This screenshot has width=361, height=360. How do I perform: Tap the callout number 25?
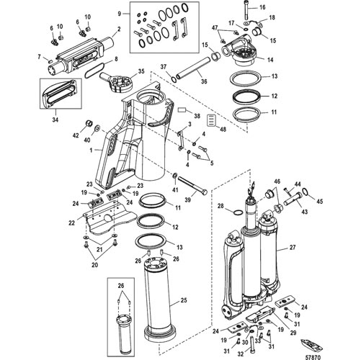point(184,300)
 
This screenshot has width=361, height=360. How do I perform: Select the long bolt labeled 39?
point(192,185)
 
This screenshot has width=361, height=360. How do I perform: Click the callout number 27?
point(293,247)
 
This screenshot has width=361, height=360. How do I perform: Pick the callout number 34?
point(55,119)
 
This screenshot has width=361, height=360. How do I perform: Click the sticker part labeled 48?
point(211,120)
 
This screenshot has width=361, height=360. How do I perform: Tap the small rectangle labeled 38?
point(182,110)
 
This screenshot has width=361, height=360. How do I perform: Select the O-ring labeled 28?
point(238,212)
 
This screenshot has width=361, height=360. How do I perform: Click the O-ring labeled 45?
point(304,191)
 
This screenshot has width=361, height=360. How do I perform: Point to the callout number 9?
point(120,14)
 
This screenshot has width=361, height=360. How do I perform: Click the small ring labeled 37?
point(174,79)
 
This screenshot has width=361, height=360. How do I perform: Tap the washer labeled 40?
point(98,128)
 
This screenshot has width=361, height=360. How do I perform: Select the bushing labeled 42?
point(89,123)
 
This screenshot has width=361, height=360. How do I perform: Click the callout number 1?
point(91,150)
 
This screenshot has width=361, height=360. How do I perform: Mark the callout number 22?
point(72,222)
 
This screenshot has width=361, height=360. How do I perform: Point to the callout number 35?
point(141,71)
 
